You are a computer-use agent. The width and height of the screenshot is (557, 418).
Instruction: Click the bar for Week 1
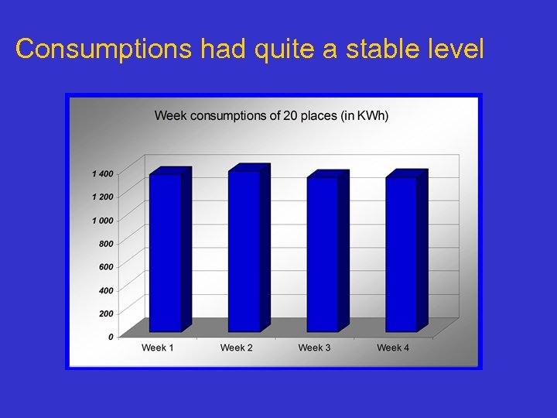tap(166, 252)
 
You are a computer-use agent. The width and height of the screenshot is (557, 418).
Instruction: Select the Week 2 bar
tap(244, 251)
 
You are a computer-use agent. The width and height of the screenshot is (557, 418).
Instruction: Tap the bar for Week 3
tap(323, 254)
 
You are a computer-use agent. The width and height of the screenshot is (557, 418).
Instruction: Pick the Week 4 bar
tap(402, 254)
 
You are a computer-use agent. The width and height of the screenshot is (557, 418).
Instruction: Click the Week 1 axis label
tap(158, 348)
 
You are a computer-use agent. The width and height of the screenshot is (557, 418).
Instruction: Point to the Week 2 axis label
tap(236, 348)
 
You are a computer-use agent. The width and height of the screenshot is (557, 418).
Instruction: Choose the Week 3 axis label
tap(315, 348)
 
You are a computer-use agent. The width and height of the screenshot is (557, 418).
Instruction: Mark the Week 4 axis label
tap(393, 348)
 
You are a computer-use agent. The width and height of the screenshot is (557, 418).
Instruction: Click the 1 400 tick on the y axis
tap(102, 173)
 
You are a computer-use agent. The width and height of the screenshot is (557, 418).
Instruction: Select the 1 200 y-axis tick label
tap(102, 197)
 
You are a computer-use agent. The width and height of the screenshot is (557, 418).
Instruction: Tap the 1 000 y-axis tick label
tap(102, 221)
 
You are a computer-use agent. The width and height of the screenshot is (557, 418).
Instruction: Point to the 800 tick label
tap(105, 244)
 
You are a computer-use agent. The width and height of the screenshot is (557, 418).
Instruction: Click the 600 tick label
tap(105, 267)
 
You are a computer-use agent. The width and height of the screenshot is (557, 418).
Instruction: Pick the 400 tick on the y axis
tap(105, 290)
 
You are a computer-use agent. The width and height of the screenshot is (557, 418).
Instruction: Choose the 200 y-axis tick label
tap(105, 313)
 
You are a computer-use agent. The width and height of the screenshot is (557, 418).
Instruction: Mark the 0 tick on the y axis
tap(111, 337)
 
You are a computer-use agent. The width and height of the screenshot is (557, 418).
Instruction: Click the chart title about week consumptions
tap(272, 116)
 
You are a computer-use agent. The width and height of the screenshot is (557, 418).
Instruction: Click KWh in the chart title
tap(372, 116)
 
